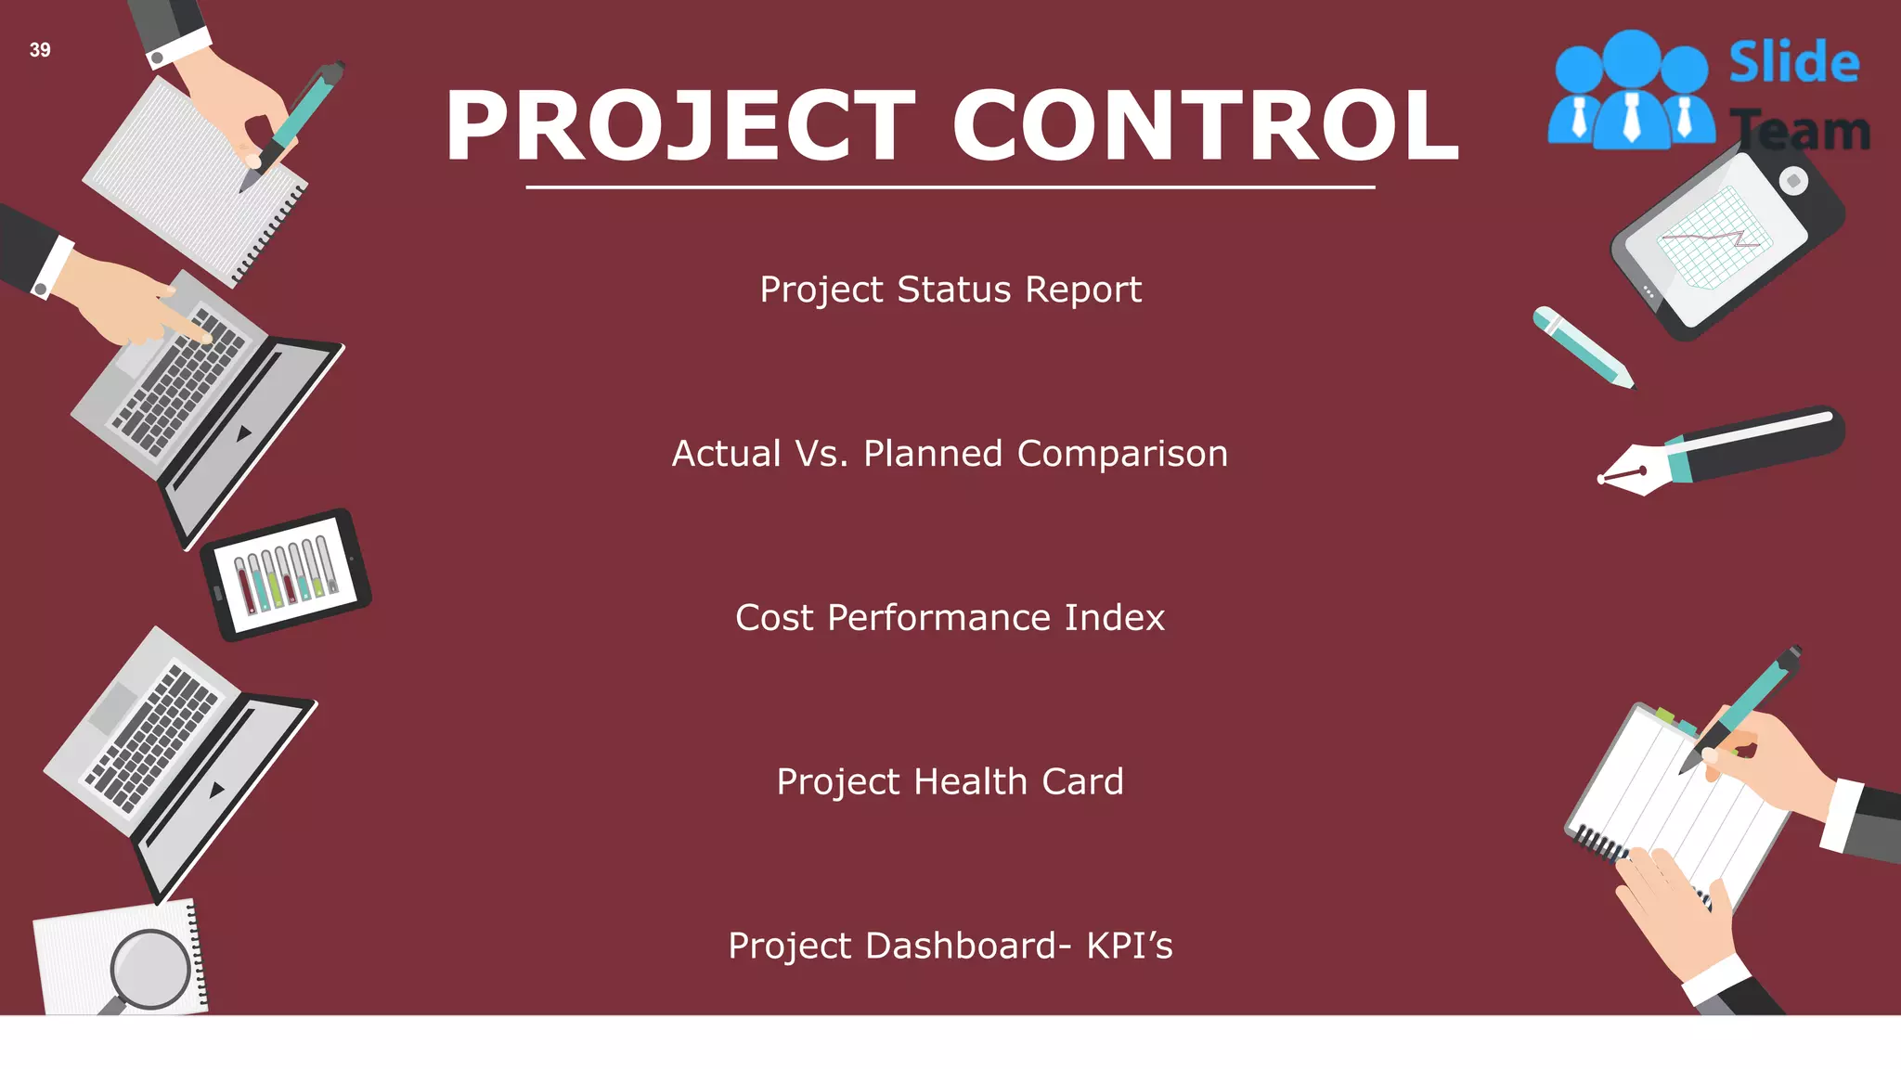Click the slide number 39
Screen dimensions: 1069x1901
40,50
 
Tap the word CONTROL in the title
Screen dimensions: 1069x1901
1205,126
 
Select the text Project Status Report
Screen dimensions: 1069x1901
950,290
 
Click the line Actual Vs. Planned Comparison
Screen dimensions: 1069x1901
950,454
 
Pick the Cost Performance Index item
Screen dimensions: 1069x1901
950,618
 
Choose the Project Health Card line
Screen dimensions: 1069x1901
950,782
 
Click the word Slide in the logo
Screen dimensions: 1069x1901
1793,63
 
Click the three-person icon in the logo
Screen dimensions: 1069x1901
1631,91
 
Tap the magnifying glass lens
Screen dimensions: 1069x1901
149,969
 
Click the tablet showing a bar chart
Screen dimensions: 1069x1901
286,574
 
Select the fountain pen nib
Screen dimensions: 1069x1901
1631,474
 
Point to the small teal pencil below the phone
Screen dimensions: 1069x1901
1582,346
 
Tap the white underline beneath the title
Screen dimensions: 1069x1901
950,187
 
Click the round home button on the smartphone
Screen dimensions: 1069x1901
1793,181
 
